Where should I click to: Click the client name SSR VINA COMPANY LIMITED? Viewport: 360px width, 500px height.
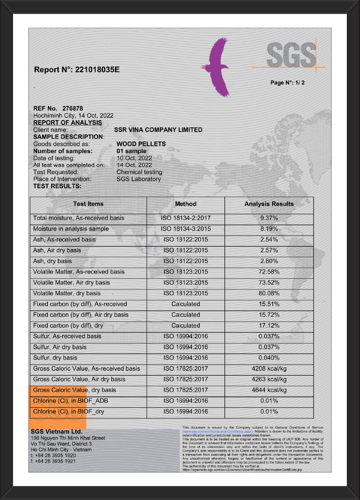point(158,130)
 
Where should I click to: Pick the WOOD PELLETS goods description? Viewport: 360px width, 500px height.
point(141,144)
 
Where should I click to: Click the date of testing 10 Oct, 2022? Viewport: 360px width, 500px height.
point(134,158)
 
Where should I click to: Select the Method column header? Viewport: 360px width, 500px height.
point(186,204)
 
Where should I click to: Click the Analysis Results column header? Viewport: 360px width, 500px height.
point(269,204)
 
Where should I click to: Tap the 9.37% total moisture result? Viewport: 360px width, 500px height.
point(269,218)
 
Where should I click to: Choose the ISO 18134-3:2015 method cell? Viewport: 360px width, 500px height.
point(186,229)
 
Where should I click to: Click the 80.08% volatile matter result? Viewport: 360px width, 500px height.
point(269,293)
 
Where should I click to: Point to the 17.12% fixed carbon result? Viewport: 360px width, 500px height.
point(269,325)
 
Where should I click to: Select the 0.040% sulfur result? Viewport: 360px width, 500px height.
point(269,358)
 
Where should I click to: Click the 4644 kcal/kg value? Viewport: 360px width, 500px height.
point(269,390)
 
